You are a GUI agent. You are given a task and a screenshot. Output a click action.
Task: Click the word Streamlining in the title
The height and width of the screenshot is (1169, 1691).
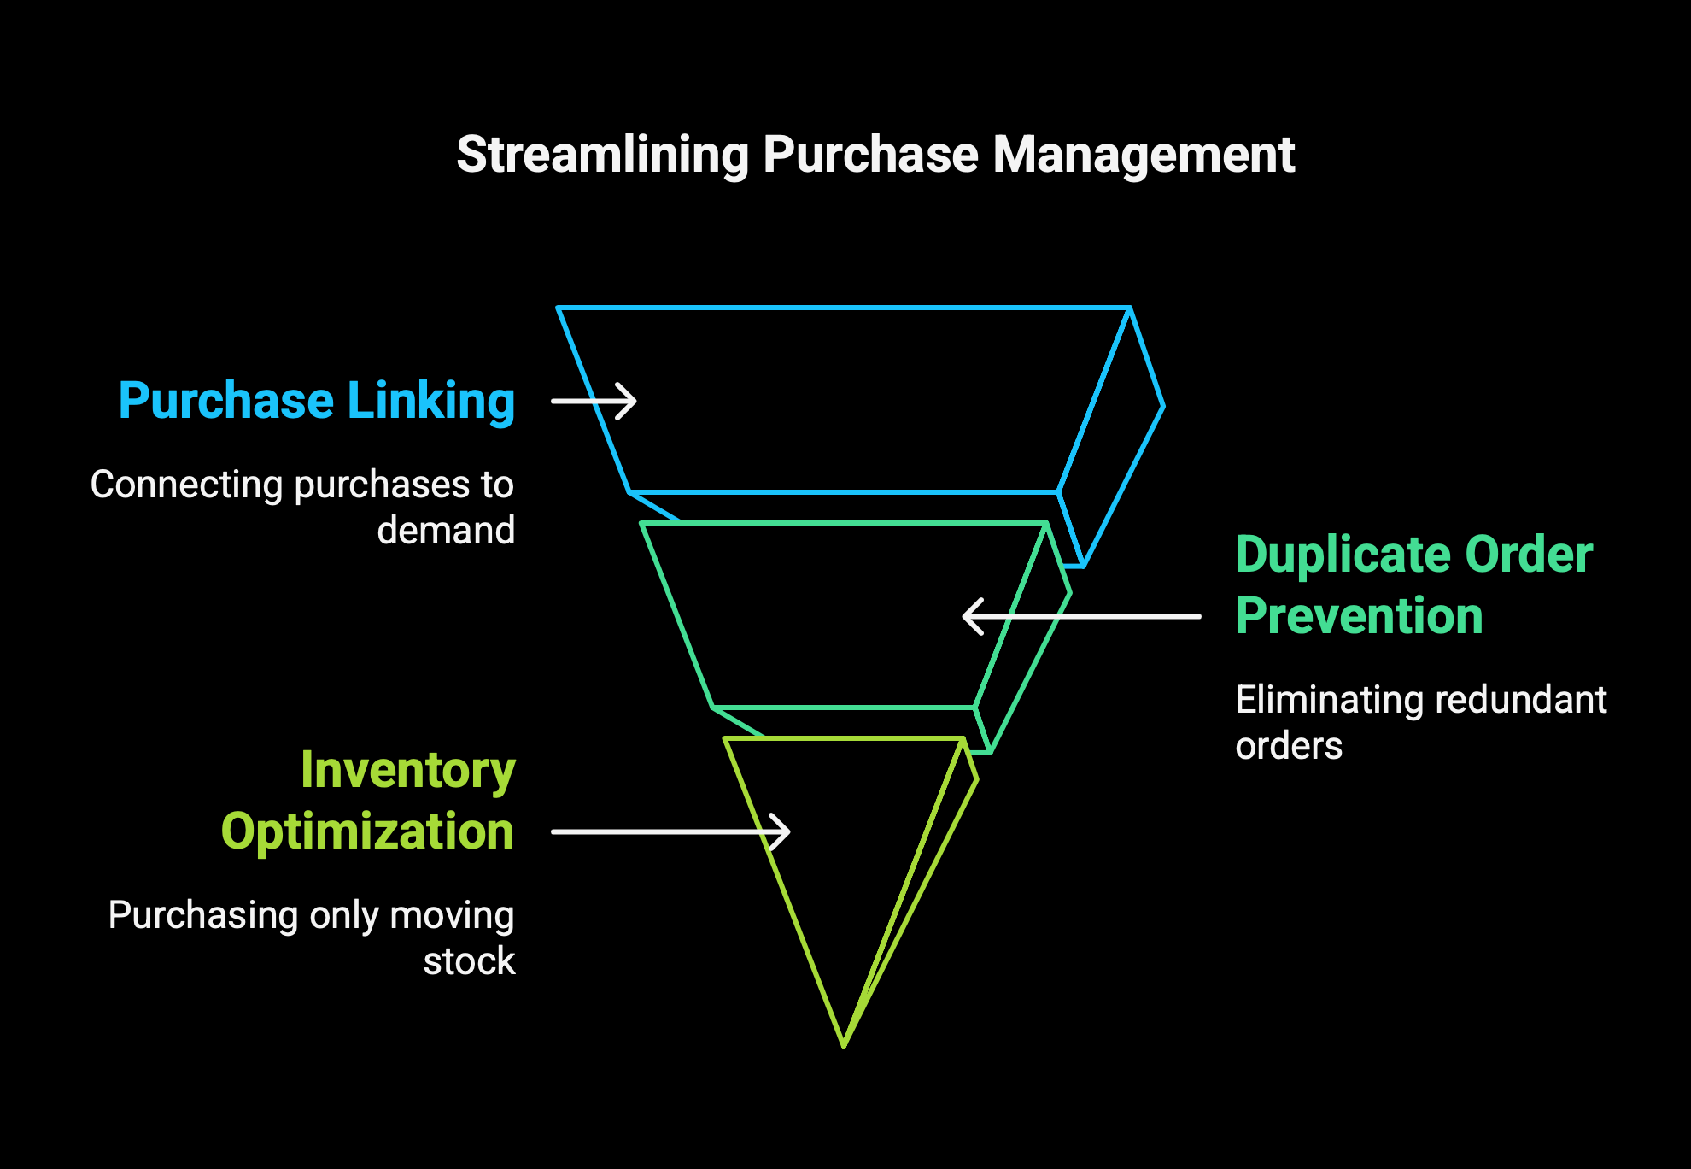pos(602,156)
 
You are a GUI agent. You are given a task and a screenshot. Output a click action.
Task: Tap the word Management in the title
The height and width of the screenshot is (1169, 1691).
pos(1144,156)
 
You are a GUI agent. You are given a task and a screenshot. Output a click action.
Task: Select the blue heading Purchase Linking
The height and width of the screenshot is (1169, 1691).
pos(317,401)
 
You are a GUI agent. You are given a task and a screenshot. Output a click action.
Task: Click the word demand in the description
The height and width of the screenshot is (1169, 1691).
pos(446,530)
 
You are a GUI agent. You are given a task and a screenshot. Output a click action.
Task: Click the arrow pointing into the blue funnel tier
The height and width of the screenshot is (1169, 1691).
pos(594,401)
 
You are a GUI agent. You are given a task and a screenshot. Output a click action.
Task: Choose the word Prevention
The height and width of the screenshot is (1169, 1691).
pos(1360,616)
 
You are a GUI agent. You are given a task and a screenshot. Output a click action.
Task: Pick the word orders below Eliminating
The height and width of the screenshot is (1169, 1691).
pos(1289,746)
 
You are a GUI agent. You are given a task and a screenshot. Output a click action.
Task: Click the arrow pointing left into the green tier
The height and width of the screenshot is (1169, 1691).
pos(1081,616)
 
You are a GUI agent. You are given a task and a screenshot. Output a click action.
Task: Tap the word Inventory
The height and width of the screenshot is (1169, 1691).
pos(408,771)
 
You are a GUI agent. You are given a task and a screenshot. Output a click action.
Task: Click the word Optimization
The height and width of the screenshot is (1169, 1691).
pos(368,832)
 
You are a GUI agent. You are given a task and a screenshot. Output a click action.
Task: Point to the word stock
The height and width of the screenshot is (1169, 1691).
pos(469,961)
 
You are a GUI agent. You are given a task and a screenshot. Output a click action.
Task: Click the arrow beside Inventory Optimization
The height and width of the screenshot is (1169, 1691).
pos(670,831)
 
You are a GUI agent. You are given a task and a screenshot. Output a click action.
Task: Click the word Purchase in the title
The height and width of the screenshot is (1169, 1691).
pos(870,156)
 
